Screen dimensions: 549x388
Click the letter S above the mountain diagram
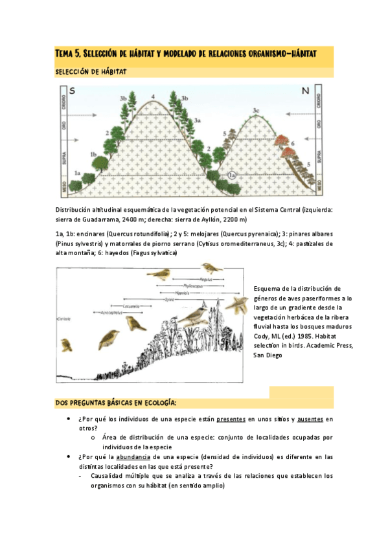72,91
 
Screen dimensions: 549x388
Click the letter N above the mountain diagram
305,91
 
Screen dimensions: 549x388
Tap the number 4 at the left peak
153,97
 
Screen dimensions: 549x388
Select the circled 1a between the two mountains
233,175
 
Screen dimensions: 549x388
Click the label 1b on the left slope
93,155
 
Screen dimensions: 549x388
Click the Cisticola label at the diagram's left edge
63,319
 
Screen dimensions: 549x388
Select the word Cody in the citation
262,336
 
